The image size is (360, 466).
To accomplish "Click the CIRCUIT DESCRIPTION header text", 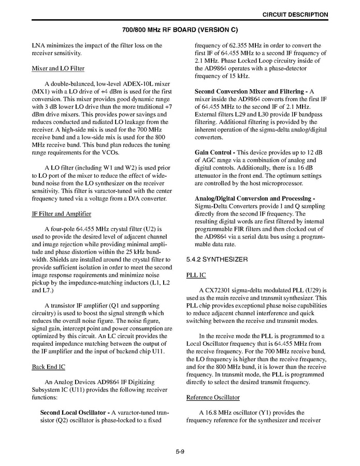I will pos(295,15).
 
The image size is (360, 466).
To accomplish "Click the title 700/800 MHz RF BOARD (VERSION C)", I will pos(180,30).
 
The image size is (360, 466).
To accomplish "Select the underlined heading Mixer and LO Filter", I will pos(58,68).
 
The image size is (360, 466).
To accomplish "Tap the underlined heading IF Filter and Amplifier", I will pos(61,214).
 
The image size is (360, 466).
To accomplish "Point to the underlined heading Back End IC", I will pos(48,367).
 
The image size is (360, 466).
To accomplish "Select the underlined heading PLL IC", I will pos(196,275).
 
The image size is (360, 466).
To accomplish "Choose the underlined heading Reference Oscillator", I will pos(212,398).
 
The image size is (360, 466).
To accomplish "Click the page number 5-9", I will pos(180,452).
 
